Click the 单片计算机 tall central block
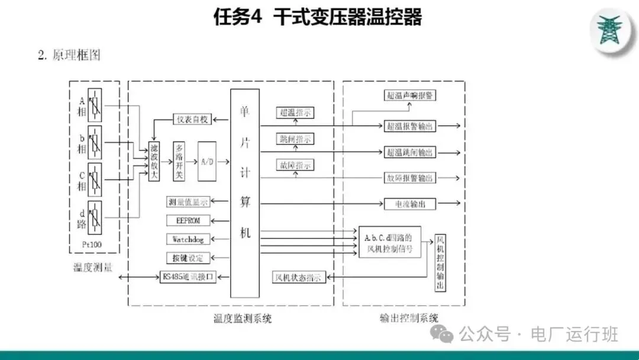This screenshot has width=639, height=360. (245, 193)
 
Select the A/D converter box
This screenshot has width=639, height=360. (207, 162)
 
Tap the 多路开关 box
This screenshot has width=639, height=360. (179, 162)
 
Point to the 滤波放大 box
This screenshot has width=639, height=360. (154, 162)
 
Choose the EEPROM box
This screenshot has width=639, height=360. (189, 220)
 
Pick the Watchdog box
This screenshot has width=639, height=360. (189, 239)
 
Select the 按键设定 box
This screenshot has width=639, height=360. (189, 258)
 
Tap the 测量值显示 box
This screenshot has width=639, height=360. (189, 202)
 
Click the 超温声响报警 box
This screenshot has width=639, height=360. (411, 95)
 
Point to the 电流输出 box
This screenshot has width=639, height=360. (410, 204)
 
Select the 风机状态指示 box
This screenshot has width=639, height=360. (299, 277)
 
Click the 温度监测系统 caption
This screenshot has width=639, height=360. (243, 319)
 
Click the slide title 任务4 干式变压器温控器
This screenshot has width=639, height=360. (318, 17)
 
